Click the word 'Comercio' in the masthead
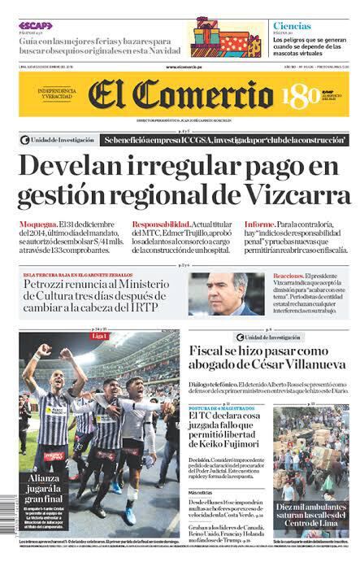(x=210, y=96)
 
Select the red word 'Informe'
(x=259, y=224)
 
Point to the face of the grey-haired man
(x=220, y=289)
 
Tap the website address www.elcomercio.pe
(x=183, y=67)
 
